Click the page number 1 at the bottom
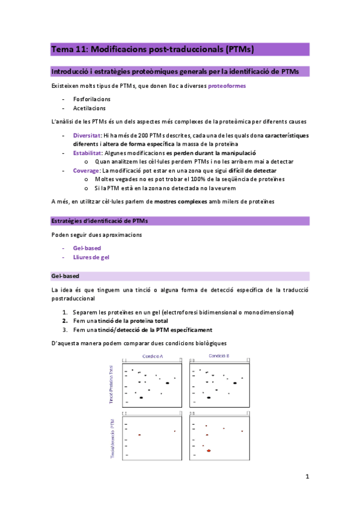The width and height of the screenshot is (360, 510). [307, 477]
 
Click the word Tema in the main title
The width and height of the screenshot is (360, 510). [61, 49]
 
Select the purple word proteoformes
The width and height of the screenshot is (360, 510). [227, 86]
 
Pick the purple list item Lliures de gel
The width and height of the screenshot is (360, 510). [91, 257]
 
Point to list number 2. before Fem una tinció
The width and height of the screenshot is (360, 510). [65, 321]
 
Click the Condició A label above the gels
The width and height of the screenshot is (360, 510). [153, 357]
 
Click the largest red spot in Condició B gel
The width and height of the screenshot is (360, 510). [209, 450]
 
